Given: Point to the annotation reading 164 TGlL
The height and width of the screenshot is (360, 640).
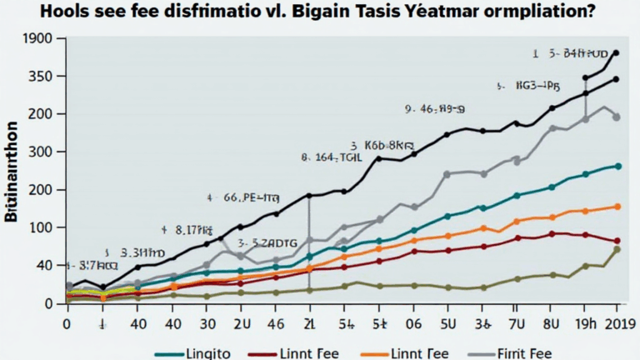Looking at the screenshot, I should [x=331, y=156].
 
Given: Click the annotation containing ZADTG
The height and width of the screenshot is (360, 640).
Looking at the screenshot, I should [x=267, y=242].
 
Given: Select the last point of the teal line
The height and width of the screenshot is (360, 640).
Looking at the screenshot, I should [x=617, y=166].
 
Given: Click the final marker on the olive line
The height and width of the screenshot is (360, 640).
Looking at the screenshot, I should [x=617, y=249].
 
